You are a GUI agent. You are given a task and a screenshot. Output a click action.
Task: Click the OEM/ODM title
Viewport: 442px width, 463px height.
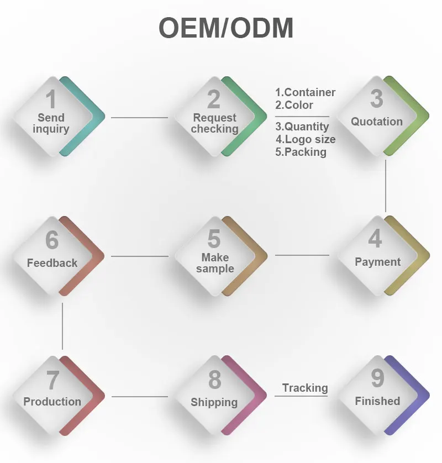pos(226,29)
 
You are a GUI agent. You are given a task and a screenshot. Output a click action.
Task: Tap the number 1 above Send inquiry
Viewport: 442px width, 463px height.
pos(51,99)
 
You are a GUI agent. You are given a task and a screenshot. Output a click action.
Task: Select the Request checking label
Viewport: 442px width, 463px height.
pos(214,123)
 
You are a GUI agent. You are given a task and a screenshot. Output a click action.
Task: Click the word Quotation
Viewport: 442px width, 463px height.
pos(377,122)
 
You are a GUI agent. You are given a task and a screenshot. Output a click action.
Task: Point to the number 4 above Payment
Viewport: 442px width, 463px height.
pos(375,239)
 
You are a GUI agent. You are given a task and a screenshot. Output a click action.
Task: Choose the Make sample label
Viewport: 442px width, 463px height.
pos(215,263)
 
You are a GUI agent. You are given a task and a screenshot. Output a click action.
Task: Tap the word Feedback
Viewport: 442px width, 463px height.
pos(52,263)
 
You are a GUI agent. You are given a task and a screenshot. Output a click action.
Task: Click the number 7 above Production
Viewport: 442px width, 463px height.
pos(52,380)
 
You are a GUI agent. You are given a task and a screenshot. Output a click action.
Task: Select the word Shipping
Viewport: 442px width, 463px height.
pos(214,402)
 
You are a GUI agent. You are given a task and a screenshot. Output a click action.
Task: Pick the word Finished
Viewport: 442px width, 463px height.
pos(377,401)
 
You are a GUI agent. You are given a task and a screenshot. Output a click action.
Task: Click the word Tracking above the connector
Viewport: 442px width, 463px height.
pos(305,388)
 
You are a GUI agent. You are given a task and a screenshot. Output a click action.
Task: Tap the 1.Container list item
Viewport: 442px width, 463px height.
pos(306,92)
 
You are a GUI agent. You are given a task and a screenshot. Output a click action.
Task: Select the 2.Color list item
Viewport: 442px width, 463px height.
pos(294,105)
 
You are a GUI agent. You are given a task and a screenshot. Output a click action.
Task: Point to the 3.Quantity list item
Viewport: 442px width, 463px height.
pos(302,127)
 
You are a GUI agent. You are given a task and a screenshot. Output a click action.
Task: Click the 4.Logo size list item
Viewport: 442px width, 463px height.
pos(306,139)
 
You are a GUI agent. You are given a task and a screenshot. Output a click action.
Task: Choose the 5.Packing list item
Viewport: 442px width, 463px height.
pos(301,152)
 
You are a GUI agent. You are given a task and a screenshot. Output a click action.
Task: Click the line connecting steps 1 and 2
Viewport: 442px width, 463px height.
pos(139,117)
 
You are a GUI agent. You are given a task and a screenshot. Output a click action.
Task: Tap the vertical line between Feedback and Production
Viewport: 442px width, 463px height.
pos(62,326)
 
